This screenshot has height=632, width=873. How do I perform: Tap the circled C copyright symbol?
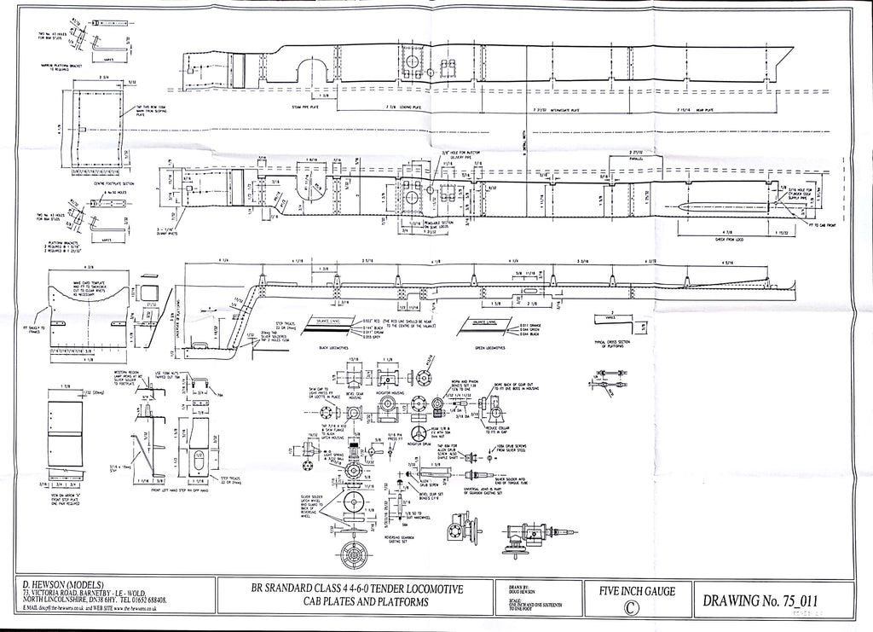(630, 609)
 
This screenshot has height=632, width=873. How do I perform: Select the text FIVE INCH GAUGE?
(629, 589)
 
